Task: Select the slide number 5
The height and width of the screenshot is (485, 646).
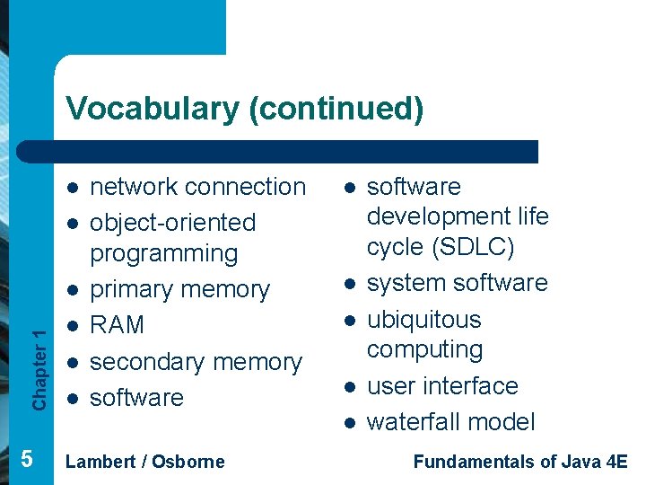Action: click(x=27, y=459)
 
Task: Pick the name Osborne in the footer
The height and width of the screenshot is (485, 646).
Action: click(x=188, y=462)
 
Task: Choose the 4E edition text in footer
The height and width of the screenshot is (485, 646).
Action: click(x=617, y=462)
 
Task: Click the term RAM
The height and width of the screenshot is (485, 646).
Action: click(x=118, y=324)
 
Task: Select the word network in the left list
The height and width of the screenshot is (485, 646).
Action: click(x=134, y=187)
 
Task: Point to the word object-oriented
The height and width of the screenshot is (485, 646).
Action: click(x=173, y=223)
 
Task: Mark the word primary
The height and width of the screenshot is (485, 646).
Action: click(x=132, y=290)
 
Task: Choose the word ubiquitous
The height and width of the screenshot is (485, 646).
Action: click(x=424, y=320)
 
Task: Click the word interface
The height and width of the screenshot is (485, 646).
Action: click(x=475, y=386)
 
